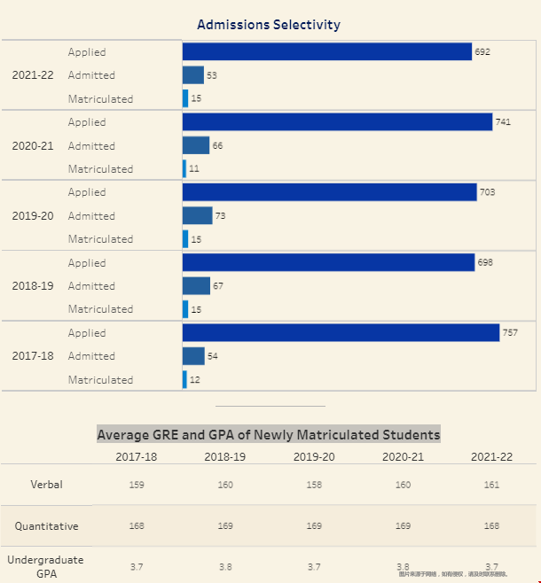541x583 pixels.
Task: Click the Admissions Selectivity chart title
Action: (269, 25)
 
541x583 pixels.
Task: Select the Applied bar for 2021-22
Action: (327, 52)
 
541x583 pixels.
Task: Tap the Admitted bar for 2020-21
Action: (196, 145)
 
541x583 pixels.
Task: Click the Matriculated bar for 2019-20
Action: (185, 239)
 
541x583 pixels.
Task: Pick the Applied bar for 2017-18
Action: (341, 333)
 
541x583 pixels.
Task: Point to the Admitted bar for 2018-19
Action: (196, 286)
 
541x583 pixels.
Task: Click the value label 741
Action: (503, 122)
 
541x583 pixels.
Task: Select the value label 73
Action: (221, 216)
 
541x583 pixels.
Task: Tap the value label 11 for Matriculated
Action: (194, 169)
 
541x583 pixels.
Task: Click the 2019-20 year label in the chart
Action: (34, 216)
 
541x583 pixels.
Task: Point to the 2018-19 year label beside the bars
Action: (34, 286)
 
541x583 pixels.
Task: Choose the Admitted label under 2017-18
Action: (91, 356)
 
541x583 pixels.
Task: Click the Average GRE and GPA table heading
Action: (269, 435)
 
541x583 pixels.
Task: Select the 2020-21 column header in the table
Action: (403, 457)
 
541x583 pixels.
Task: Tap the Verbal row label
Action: (46, 485)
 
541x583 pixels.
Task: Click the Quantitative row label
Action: (46, 526)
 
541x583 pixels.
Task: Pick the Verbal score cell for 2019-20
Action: (314, 485)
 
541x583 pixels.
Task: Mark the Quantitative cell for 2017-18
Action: (137, 526)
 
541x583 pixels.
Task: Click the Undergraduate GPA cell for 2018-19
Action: (225, 567)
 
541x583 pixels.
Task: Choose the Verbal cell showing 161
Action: (491, 485)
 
